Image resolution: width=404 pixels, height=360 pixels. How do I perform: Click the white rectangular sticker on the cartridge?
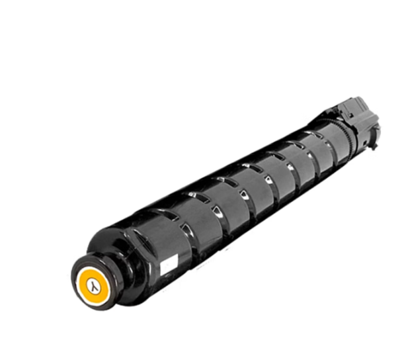pyautogui.click(x=169, y=264)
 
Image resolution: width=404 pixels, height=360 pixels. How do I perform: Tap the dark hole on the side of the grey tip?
pyautogui.click(x=365, y=143)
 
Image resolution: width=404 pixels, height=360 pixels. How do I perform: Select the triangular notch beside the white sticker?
pyautogui.click(x=186, y=228)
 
